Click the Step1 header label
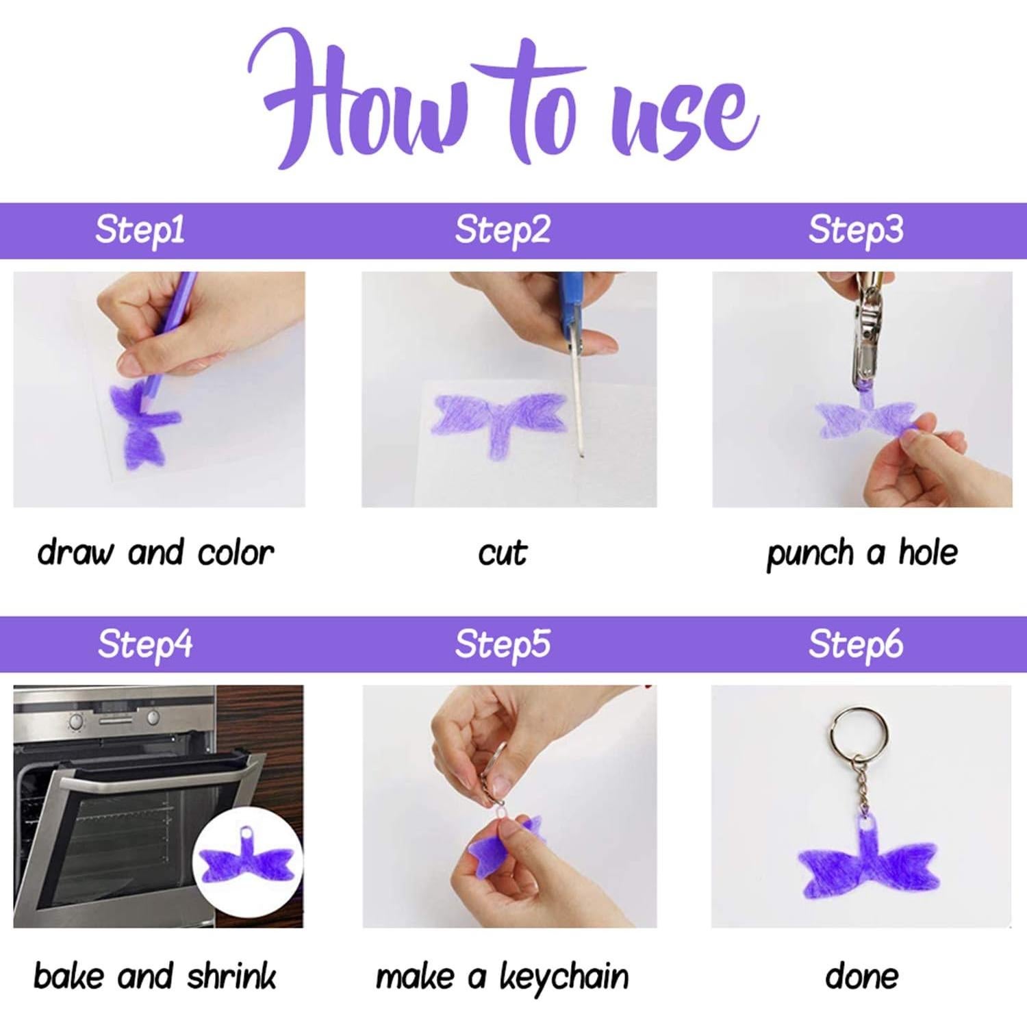(140, 230)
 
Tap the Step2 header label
(503, 230)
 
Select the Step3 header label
(856, 230)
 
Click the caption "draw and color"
(155, 553)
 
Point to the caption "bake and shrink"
(155, 976)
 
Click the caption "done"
(862, 976)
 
